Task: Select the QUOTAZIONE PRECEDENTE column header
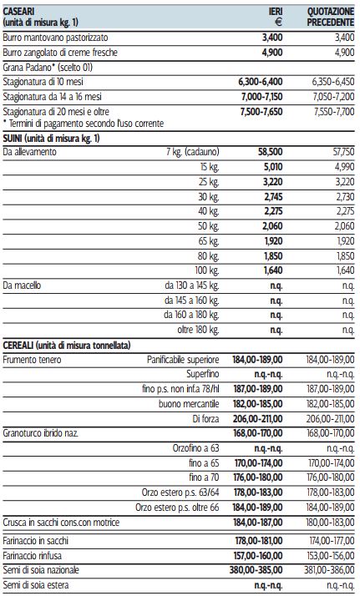pos(331,17)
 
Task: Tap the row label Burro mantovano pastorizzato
pos(55,38)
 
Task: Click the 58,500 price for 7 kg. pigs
pos(271,152)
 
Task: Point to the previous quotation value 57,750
pos(343,152)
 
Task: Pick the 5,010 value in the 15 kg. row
pos(272,167)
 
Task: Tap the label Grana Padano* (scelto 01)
pos(48,68)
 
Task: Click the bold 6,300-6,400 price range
pos(261,82)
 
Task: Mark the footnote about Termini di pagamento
pos(84,124)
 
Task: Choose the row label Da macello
pos(22,285)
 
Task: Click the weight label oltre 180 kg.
pos(198,330)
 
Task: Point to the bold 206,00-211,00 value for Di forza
pos(258,419)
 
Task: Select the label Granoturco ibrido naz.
pos(41,433)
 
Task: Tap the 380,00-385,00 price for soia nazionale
pos(256,570)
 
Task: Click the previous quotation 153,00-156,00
pos(330,556)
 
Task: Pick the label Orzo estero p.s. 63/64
pos(180,492)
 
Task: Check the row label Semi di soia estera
pos(36,585)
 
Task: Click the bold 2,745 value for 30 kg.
pos(272,197)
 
